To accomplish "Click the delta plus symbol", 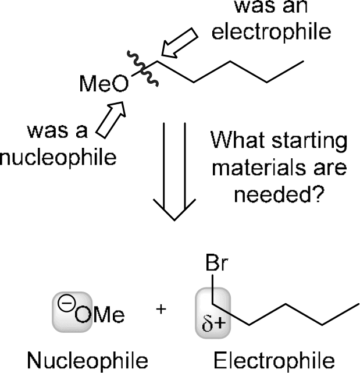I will [x=212, y=322].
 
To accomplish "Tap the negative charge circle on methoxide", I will [x=63, y=303].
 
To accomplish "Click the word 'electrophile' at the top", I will [x=270, y=33].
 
